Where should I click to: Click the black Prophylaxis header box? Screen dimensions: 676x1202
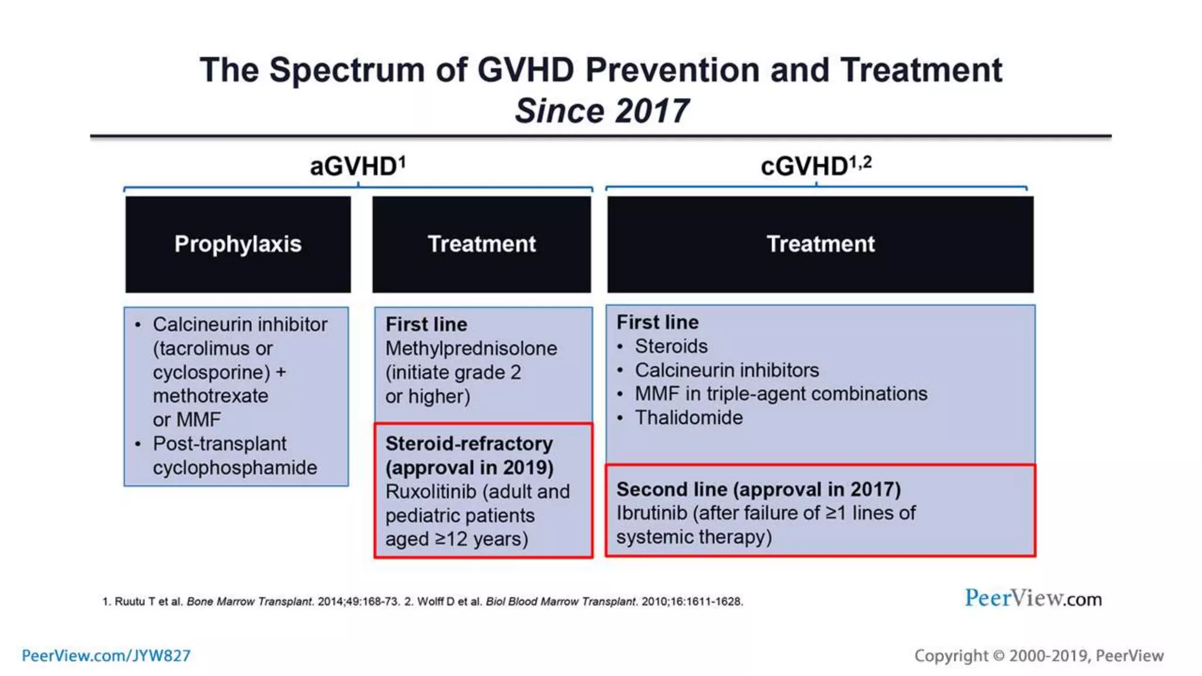point(238,244)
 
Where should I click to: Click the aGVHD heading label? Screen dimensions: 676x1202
point(357,167)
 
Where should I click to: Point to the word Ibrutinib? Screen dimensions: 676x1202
point(651,513)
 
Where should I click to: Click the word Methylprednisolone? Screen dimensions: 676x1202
point(471,349)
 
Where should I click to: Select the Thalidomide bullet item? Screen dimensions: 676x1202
point(688,418)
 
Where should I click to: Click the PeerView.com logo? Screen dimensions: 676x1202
point(1033,599)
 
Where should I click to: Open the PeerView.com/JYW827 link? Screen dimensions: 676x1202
point(106,655)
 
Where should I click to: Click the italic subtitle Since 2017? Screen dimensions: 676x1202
point(601,111)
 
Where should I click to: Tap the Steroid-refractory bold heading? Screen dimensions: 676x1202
point(469,444)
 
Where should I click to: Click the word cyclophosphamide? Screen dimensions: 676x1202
point(235,468)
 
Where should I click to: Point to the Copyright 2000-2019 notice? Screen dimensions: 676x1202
point(1039,655)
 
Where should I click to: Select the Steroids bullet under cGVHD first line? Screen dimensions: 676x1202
point(671,346)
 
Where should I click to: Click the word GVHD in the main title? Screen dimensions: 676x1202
point(525,70)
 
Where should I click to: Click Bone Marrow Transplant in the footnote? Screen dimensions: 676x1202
point(249,601)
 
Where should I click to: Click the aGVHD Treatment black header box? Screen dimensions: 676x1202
point(481,244)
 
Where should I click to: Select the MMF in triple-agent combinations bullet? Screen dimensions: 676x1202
point(781,394)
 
